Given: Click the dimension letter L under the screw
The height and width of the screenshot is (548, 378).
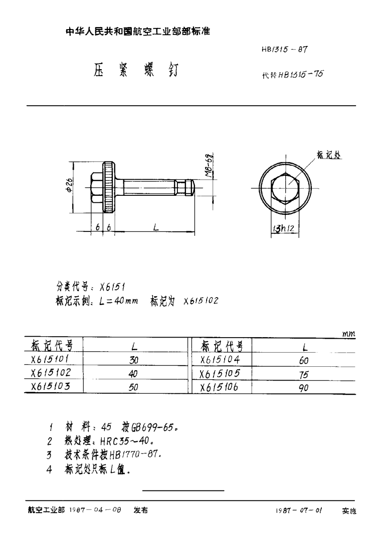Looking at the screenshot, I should pyautogui.click(x=155, y=228).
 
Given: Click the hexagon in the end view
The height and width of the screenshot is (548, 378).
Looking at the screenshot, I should pyautogui.click(x=285, y=188).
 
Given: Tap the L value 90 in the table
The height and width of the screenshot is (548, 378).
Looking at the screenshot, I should pyautogui.click(x=304, y=388).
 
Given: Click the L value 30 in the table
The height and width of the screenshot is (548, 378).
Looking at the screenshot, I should pyautogui.click(x=134, y=360).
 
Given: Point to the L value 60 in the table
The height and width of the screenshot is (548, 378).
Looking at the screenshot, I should pyautogui.click(x=304, y=361).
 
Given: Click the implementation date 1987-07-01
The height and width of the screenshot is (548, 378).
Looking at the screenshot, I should pyautogui.click(x=299, y=511).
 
